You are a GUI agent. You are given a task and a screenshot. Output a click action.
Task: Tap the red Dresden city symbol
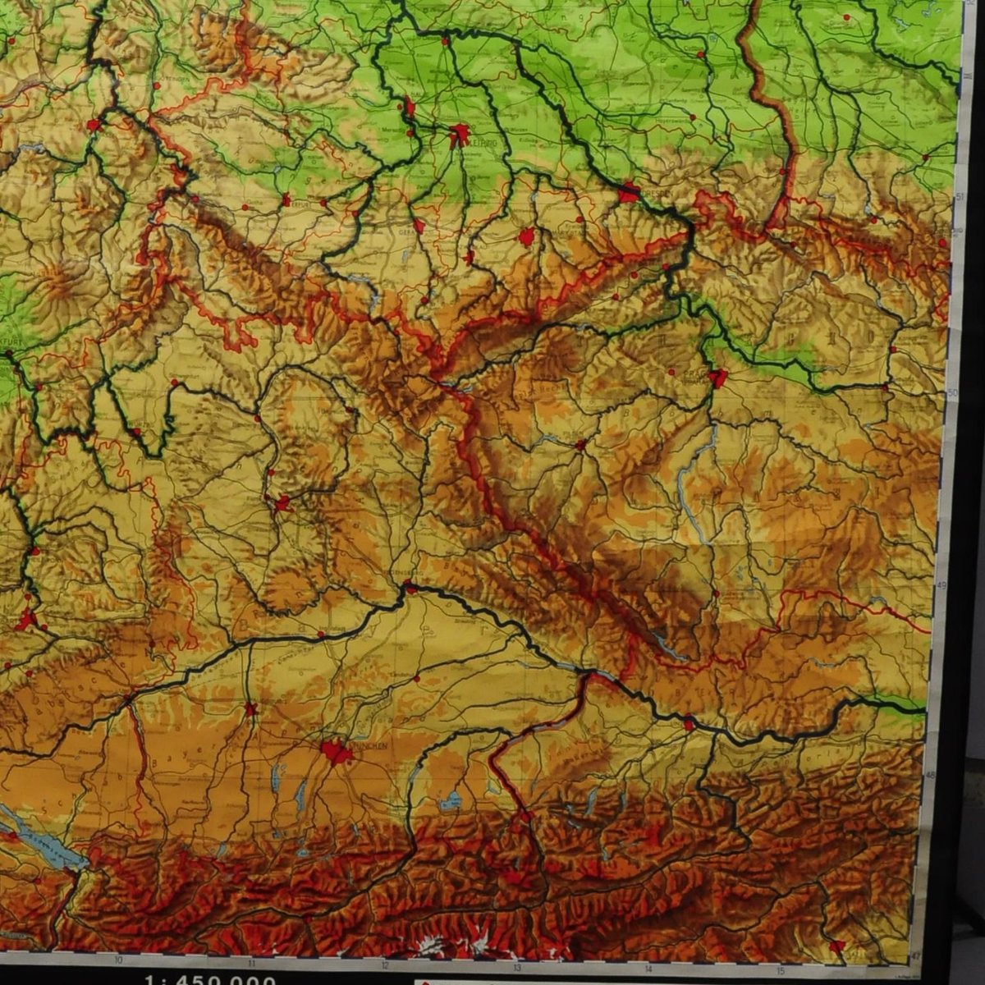[x=629, y=194]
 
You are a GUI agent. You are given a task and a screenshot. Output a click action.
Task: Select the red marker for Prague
[x=718, y=378]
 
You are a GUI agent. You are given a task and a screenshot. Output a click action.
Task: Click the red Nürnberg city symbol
[x=282, y=502]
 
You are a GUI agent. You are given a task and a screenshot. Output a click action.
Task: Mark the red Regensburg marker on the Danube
[x=408, y=586]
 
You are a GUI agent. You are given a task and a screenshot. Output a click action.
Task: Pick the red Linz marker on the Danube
[x=689, y=724]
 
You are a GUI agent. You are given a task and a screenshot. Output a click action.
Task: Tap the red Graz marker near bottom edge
[x=836, y=947]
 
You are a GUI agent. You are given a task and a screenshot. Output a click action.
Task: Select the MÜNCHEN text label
[x=361, y=747]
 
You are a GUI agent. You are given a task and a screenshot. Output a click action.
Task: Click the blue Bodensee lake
[x=49, y=837]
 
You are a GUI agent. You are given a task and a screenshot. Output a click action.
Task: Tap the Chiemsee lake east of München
[x=451, y=798]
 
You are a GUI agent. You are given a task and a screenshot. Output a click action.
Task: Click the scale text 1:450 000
[x=208, y=978]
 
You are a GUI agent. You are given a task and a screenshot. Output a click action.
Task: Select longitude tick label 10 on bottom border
[x=119, y=958]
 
